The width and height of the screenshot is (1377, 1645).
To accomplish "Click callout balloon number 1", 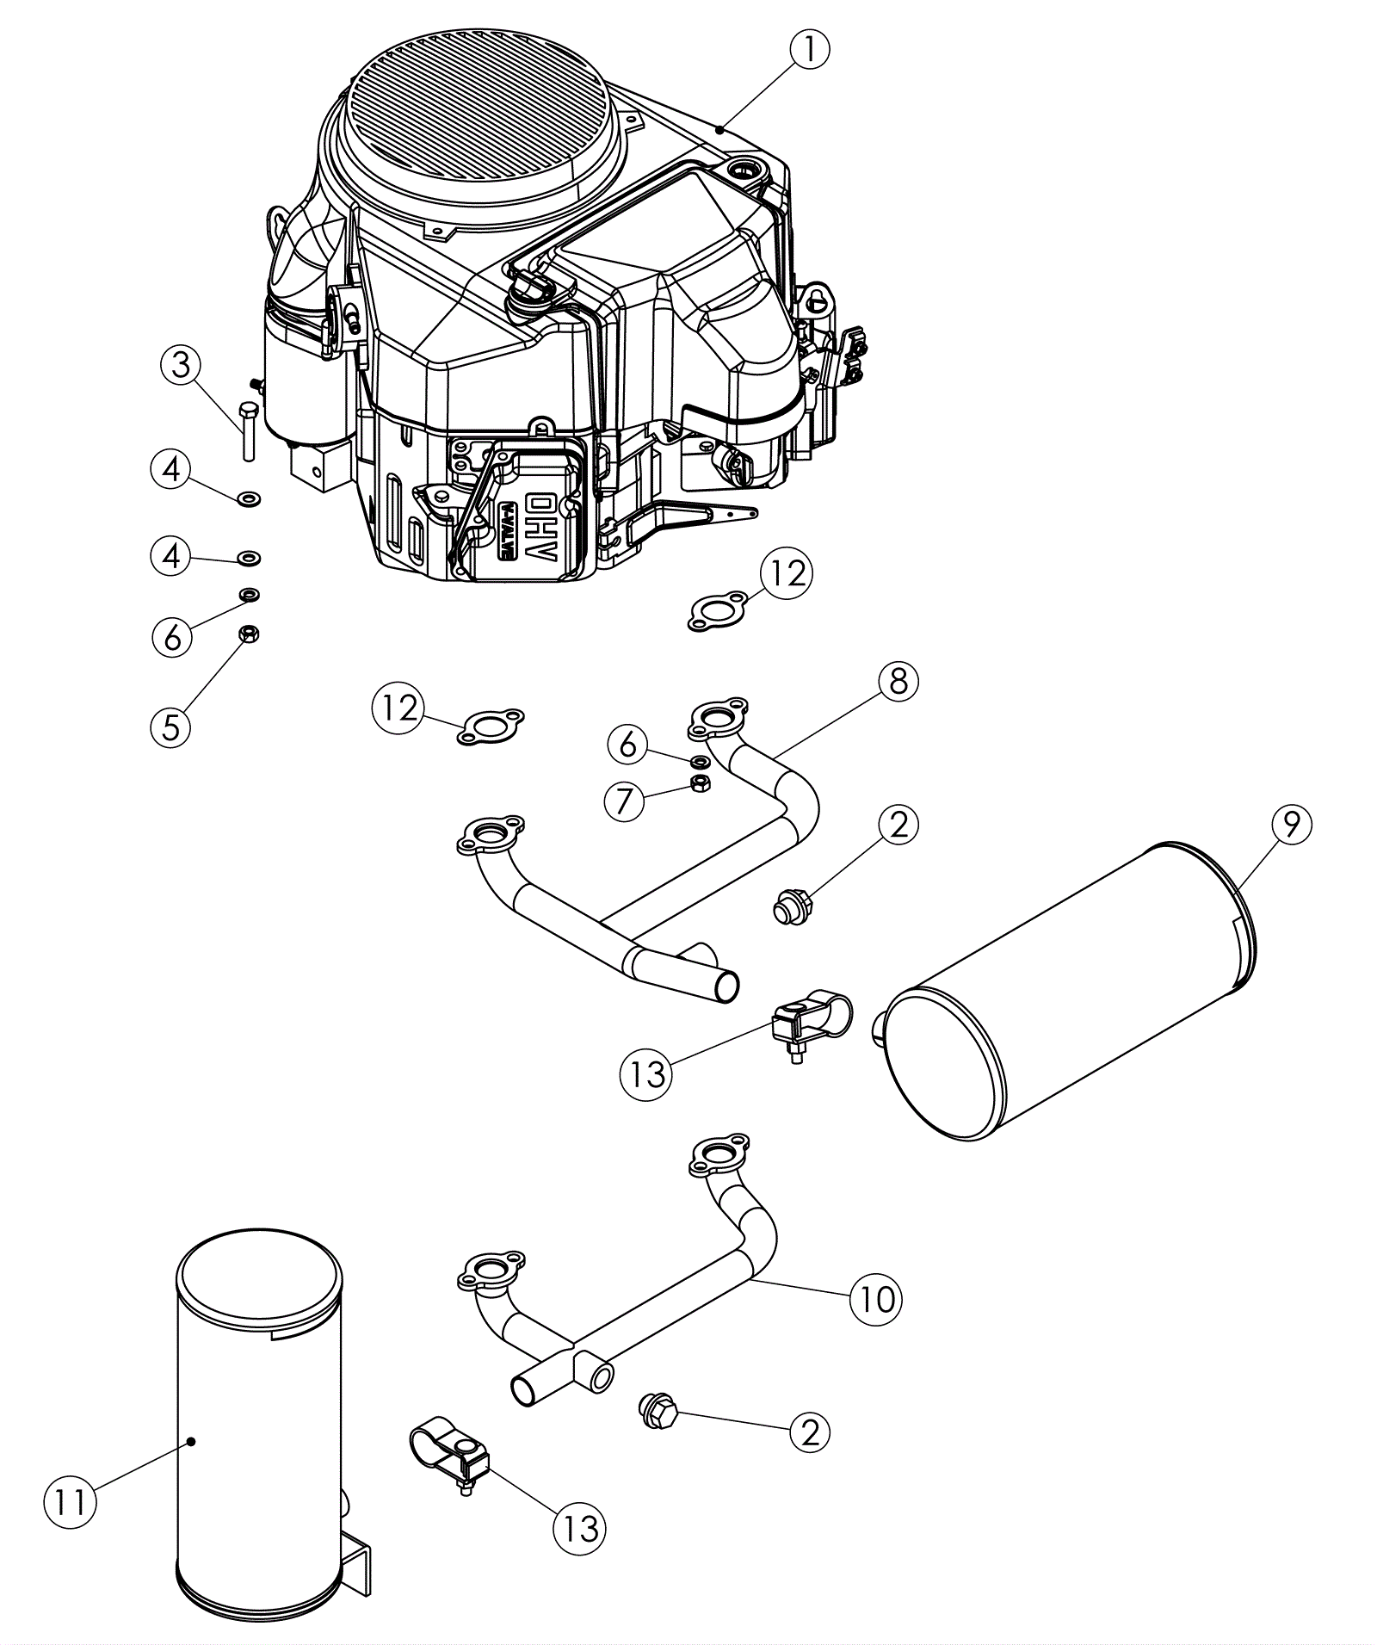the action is click(811, 50).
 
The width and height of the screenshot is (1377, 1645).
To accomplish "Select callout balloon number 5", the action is click(170, 727).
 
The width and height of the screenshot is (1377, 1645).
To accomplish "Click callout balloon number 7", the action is click(625, 801).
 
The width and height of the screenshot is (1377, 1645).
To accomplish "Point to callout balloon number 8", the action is click(898, 682).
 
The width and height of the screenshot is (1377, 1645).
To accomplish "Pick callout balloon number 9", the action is click(1291, 825).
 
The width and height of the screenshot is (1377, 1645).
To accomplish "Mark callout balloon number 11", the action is click(71, 1502).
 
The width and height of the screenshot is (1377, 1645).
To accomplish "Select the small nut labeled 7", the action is click(701, 782).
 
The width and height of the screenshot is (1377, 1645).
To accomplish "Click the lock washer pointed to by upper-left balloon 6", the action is click(250, 594).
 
